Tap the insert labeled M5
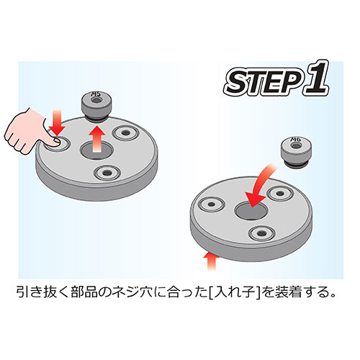95,103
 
